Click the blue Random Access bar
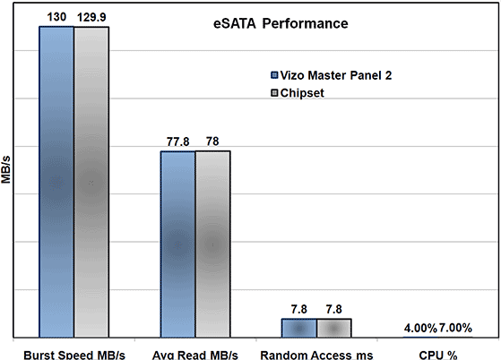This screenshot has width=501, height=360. (x=298, y=328)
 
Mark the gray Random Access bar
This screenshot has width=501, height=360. (x=334, y=328)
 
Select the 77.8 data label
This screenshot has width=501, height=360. (x=177, y=141)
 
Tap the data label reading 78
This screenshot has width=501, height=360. (x=213, y=141)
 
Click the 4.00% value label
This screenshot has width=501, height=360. (x=419, y=328)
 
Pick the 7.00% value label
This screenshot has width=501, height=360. (x=457, y=328)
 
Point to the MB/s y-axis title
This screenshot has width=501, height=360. (x=8, y=167)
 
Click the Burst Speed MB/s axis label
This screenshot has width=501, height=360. (x=73, y=353)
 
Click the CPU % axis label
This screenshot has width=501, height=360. (x=438, y=353)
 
